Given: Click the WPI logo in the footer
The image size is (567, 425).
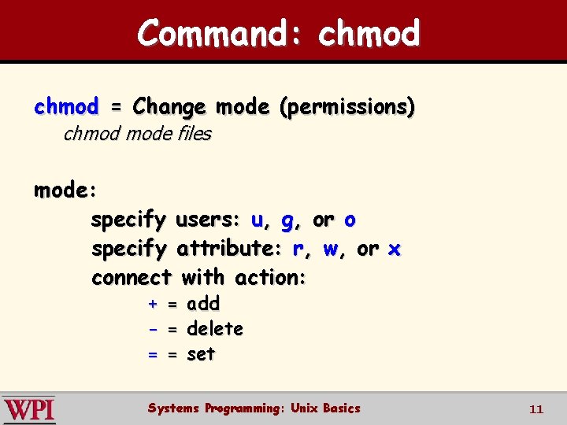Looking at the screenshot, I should [29, 409].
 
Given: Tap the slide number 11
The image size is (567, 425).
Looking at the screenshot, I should [536, 409].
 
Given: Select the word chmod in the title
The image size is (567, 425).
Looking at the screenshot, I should [369, 33].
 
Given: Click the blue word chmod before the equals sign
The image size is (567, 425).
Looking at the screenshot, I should [66, 105].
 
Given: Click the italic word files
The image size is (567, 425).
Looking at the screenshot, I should [195, 134].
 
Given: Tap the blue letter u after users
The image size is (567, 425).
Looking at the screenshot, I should [257, 220].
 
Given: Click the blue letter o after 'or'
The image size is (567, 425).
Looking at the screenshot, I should [350, 220].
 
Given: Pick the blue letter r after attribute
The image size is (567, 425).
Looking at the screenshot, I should [298, 249].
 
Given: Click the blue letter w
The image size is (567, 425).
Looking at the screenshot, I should [331, 249].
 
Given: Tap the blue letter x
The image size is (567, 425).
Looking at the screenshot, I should [395, 249].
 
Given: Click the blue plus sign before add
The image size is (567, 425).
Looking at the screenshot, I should [153, 304].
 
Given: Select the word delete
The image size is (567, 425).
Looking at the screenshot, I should [215, 328].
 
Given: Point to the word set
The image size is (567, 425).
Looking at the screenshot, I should [201, 354].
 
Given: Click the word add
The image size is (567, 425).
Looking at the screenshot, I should [203, 303].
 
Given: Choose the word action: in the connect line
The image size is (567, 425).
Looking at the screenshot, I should [268, 278].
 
